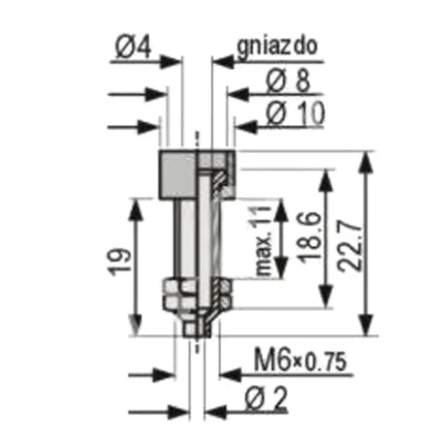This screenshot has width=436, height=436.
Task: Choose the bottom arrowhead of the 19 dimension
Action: point(136,327)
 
